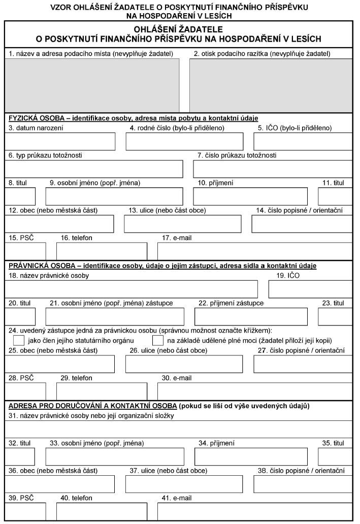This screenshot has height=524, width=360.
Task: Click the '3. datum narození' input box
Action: [x=60, y=142]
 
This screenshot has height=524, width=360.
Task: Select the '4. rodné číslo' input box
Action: [x=184, y=142]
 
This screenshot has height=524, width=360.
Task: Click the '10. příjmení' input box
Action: [x=251, y=196]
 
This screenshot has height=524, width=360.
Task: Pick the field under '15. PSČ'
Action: [x=25, y=251]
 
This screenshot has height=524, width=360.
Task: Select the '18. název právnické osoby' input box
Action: [x=131, y=288]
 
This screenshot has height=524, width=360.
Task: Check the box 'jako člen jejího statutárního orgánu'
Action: [x=19, y=340]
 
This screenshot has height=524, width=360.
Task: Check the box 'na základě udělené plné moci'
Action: [x=158, y=340]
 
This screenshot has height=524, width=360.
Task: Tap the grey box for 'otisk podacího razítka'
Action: [x=271, y=85]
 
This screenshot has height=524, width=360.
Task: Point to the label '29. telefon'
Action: [x=76, y=378]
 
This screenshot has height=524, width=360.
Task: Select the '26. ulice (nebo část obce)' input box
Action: [x=184, y=364]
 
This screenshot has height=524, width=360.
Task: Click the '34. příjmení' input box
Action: [x=251, y=457]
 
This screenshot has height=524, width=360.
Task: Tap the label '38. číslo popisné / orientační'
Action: [x=301, y=471]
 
